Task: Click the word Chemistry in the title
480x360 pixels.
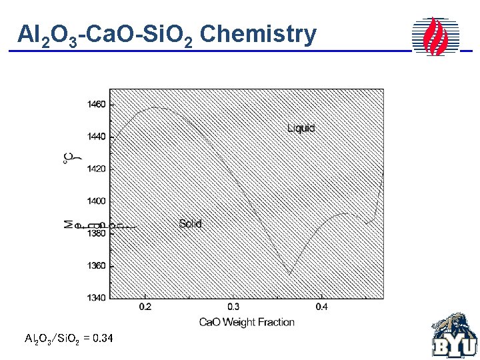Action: pyautogui.click(x=257, y=34)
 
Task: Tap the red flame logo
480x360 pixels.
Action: pyautogui.click(x=436, y=36)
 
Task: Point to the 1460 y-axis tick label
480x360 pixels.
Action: pyautogui.click(x=96, y=105)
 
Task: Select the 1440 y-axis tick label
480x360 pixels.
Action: pyautogui.click(x=96, y=137)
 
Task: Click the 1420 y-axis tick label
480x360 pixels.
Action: pyautogui.click(x=96, y=169)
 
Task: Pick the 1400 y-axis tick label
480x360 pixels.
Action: pyautogui.click(x=96, y=201)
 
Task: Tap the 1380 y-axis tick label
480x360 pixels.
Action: pyautogui.click(x=96, y=233)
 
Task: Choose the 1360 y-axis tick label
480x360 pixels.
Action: pyautogui.click(x=96, y=265)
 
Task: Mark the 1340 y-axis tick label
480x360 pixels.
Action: pyautogui.click(x=96, y=297)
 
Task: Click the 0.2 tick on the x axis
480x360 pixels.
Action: pyautogui.click(x=145, y=307)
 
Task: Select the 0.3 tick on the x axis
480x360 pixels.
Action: pyautogui.click(x=233, y=307)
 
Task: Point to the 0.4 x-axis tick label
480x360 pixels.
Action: pyautogui.click(x=321, y=307)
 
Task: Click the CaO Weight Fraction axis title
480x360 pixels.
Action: pyautogui.click(x=247, y=322)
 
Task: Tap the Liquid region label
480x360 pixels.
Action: pyautogui.click(x=301, y=128)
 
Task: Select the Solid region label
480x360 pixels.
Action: pyautogui.click(x=190, y=224)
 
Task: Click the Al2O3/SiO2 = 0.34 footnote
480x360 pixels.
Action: pyautogui.click(x=69, y=339)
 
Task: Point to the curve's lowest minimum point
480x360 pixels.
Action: pyautogui.click(x=289, y=273)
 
